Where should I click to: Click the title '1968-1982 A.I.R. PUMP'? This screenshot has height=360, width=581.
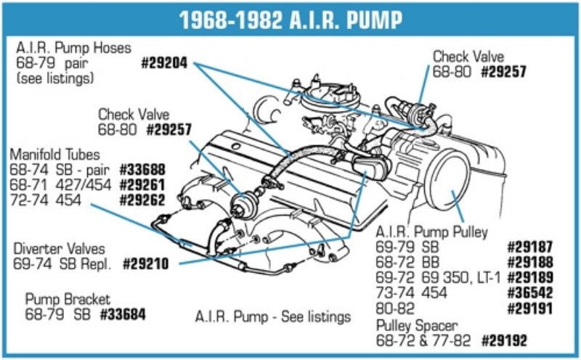pos(290,19)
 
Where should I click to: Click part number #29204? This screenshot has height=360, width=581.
pos(164,63)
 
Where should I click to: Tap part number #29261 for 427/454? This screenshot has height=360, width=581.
pos(142,184)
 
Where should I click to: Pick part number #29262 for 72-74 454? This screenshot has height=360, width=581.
pos(142,200)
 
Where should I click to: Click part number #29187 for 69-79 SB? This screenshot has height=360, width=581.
pos(529,247)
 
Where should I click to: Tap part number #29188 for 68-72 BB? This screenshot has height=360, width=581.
pos(529,262)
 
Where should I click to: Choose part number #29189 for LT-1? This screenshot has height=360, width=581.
pos(529,278)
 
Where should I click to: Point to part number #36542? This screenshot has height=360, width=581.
pos(529,293)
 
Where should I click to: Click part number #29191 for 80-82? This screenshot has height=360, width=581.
pos(529,309)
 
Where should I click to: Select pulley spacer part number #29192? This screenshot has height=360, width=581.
pos(503,340)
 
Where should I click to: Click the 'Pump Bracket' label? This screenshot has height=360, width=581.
pos(68,299)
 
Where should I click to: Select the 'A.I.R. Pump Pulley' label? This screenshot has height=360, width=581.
pos(431,232)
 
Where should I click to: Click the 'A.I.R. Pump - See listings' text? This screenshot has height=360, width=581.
pos(273,316)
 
